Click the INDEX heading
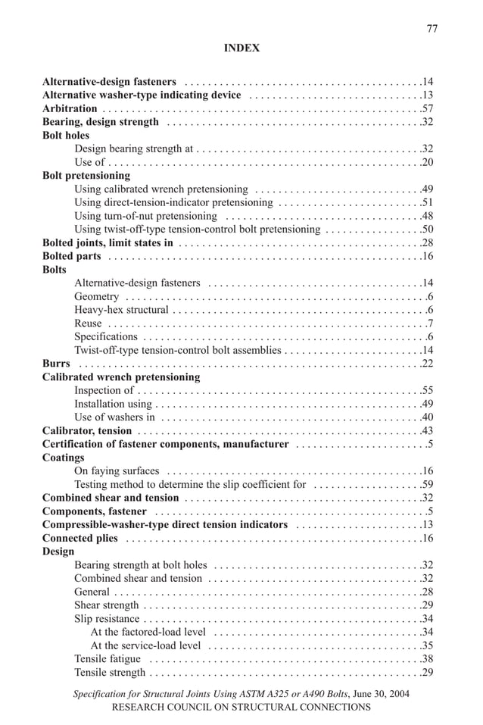tap(241, 48)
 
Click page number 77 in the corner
tap(432, 29)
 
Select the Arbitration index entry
tap(70, 108)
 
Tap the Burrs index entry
tap(56, 364)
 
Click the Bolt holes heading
tap(66, 136)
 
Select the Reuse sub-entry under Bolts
tap(88, 323)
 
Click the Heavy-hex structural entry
tap(121, 310)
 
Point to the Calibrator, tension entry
tap(87, 430)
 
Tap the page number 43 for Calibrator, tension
tap(427, 430)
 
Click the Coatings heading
tap(64, 458)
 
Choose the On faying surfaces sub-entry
tap(117, 471)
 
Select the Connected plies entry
tap(80, 538)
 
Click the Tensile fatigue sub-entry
tap(108, 659)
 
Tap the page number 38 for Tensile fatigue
tap(427, 659)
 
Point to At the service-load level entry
tap(145, 645)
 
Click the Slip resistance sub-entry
tap(107, 619)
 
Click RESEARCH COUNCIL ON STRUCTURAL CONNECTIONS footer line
tap(241, 707)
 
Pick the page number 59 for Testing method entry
tap(427, 484)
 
